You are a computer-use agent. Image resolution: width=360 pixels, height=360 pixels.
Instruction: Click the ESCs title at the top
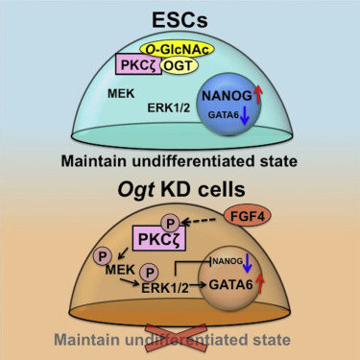(180, 16)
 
